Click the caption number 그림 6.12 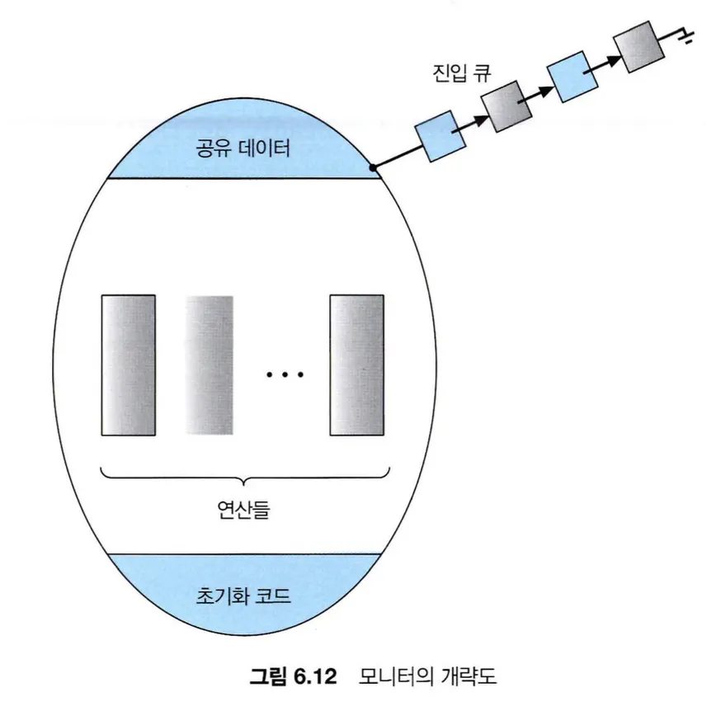point(294,678)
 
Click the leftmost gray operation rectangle point(129,365)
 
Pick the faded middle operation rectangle point(210,365)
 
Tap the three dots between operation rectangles point(285,376)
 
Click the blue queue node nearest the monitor point(435,135)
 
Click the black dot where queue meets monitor point(374,167)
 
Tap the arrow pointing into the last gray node point(606,58)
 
